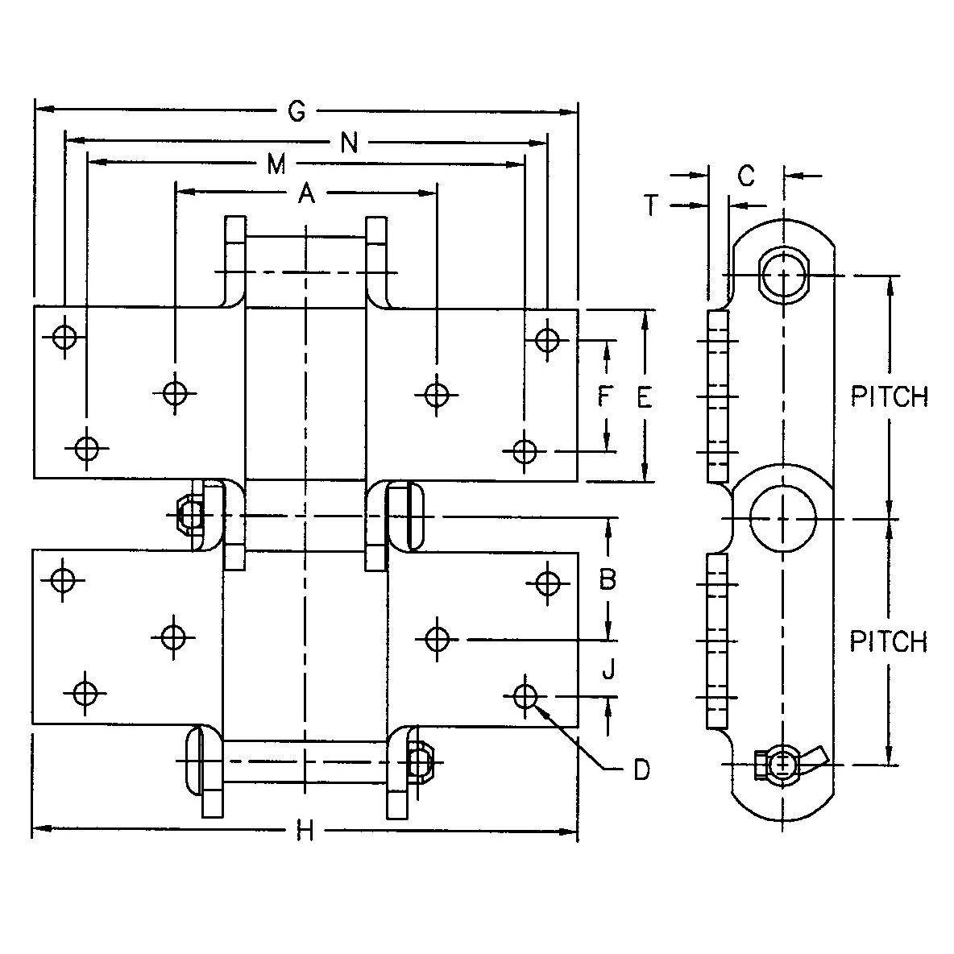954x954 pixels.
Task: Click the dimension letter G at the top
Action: (297, 112)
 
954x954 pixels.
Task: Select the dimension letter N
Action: (349, 143)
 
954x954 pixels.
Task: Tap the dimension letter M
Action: (276, 165)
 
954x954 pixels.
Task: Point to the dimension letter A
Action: (306, 193)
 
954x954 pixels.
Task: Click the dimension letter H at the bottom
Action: (304, 831)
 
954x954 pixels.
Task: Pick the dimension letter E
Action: (644, 397)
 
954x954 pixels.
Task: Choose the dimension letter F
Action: (606, 396)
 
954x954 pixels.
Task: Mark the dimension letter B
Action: (608, 579)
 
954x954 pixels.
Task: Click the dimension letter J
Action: (608, 668)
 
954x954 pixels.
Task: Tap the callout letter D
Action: (641, 770)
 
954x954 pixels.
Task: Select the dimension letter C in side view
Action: (746, 175)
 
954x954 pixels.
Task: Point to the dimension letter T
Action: (653, 206)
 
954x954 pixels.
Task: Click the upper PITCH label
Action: (889, 397)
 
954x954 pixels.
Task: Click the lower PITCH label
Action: (889, 641)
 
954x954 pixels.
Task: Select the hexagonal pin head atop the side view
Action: (782, 276)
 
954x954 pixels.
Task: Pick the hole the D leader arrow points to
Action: (525, 695)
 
